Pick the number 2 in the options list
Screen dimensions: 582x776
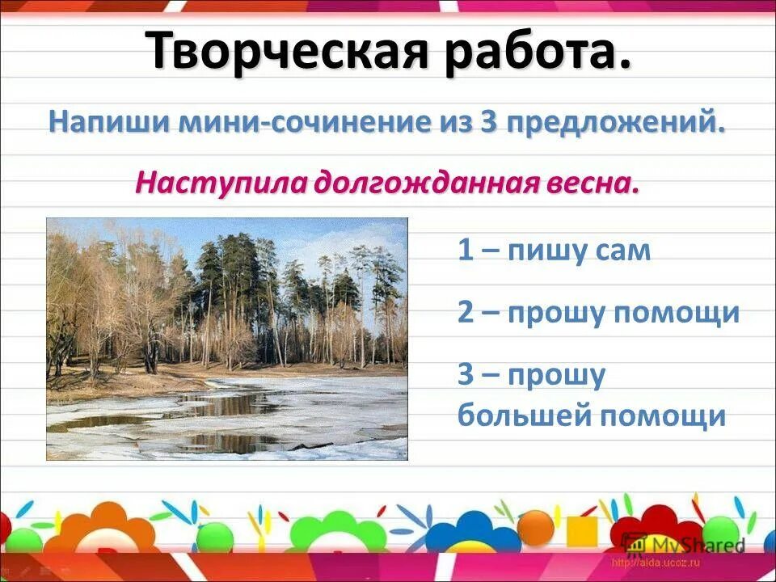tap(466, 312)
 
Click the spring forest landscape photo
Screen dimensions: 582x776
tap(227, 339)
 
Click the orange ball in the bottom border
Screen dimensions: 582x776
tap(536, 527)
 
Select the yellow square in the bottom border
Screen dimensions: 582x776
tap(582, 531)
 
